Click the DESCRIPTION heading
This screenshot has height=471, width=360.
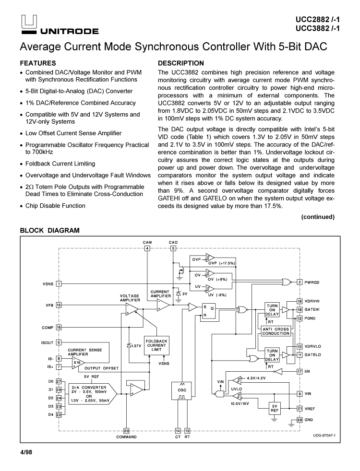click(x=181, y=63)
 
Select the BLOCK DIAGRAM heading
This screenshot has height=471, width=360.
click(x=50, y=231)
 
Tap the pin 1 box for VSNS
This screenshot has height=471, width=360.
click(x=59, y=283)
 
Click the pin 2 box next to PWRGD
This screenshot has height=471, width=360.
click(x=300, y=282)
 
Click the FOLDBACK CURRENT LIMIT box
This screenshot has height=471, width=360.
click(x=156, y=345)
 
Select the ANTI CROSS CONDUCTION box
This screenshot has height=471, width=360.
click(x=276, y=331)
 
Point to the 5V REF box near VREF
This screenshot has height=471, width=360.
click(x=275, y=408)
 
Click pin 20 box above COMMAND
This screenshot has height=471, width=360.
click(x=127, y=430)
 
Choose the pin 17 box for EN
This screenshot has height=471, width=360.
click(x=300, y=371)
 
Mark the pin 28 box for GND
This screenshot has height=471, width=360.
click(x=300, y=420)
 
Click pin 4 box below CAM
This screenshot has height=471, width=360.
click(x=147, y=248)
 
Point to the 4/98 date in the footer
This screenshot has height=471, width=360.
click(x=26, y=452)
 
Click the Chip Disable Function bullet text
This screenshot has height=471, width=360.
click(x=55, y=206)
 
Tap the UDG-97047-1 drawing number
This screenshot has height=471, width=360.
click(x=324, y=435)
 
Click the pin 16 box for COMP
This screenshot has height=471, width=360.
click(x=59, y=328)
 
